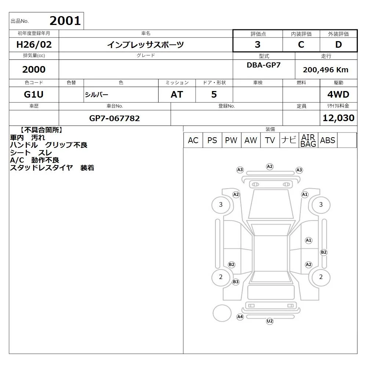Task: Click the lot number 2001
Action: tap(65, 21)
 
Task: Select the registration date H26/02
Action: tap(34, 44)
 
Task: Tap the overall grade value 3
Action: tap(258, 44)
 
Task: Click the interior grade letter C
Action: tap(301, 44)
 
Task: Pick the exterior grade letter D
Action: tap(338, 44)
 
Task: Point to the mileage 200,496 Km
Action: tap(326, 70)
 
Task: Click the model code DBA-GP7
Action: tap(264, 65)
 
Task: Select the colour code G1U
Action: tap(34, 94)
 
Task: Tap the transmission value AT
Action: tap(177, 94)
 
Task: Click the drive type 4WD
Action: tap(338, 94)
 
